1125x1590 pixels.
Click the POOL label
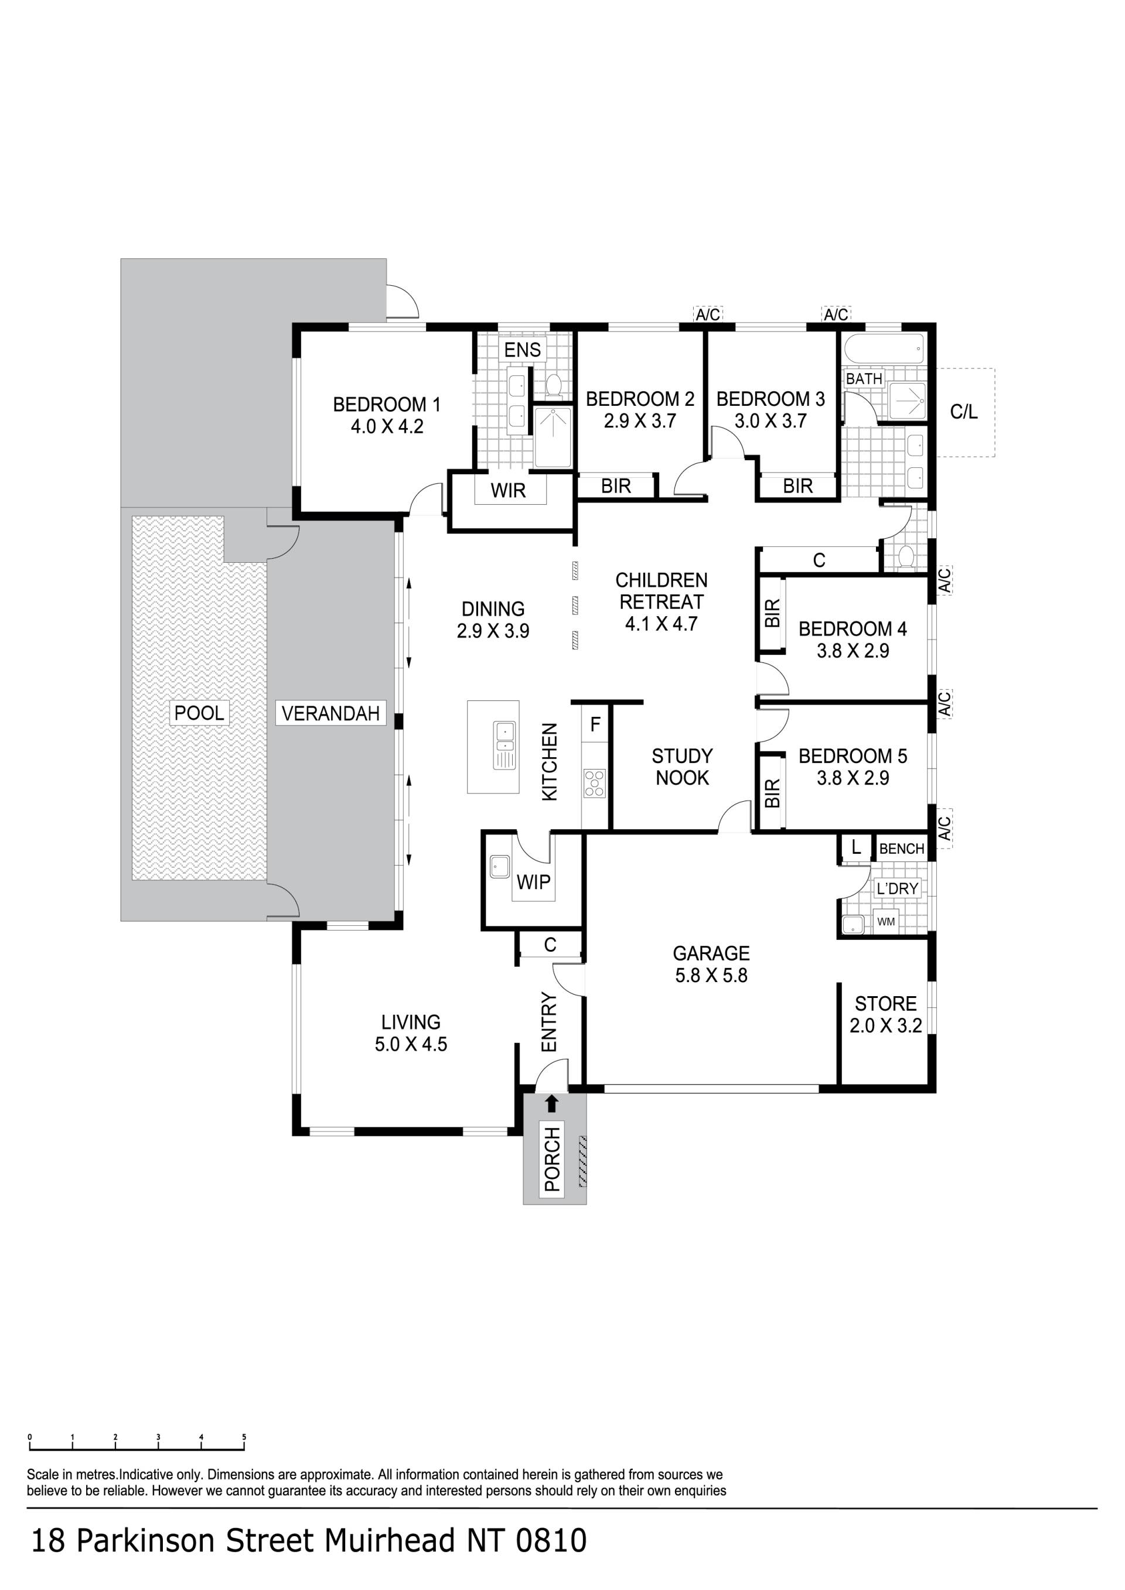tap(199, 713)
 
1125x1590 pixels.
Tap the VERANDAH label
tap(330, 713)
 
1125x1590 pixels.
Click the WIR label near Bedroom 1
tap(509, 490)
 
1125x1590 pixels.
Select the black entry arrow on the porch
tap(551, 1103)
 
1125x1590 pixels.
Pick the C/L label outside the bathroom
tap(964, 412)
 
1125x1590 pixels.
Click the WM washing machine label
tap(886, 922)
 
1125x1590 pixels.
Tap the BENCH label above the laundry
tap(902, 849)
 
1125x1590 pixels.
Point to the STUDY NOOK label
tap(683, 767)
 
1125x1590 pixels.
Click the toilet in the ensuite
tap(554, 384)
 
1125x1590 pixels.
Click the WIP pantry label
tap(533, 881)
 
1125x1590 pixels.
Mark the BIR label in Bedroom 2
tap(616, 486)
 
